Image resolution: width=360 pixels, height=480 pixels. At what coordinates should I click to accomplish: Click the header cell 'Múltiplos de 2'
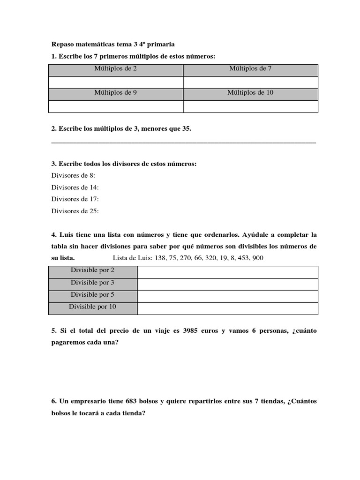pyautogui.click(x=115, y=68)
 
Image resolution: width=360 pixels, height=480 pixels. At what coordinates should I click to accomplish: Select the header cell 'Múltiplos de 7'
pyautogui.click(x=250, y=68)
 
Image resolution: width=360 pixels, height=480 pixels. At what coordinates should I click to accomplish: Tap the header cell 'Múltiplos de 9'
pyautogui.click(x=115, y=93)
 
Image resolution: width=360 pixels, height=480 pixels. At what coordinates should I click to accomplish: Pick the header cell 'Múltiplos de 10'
pyautogui.click(x=250, y=93)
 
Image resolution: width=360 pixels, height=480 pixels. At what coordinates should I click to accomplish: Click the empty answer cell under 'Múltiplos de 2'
pyautogui.click(x=115, y=82)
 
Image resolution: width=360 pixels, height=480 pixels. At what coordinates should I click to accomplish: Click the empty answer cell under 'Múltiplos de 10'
pyautogui.click(x=250, y=106)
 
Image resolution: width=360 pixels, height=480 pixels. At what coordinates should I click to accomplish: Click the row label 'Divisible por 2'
pyautogui.click(x=92, y=270)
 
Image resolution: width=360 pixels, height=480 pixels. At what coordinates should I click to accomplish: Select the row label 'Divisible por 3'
pyautogui.click(x=92, y=283)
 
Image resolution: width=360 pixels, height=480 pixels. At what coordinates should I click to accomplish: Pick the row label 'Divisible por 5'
pyautogui.click(x=92, y=295)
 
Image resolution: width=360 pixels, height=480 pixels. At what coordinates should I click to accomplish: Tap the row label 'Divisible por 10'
pyautogui.click(x=92, y=307)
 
